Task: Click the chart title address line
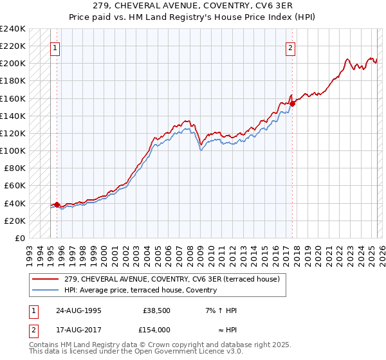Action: click(x=193, y=6)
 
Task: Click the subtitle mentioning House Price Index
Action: click(x=193, y=17)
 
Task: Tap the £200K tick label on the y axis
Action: click(x=13, y=64)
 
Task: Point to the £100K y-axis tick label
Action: click(x=13, y=150)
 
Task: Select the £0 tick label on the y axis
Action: click(x=21, y=238)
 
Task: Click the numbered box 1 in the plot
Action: click(x=55, y=48)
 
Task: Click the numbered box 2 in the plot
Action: click(x=291, y=48)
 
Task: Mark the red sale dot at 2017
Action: click(x=292, y=104)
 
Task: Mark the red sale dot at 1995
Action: click(x=57, y=205)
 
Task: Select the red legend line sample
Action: click(x=46, y=279)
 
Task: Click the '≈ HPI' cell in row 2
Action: click(x=225, y=329)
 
